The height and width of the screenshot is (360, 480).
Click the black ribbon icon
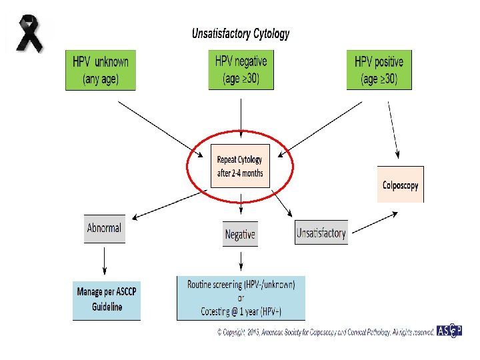pyautogui.click(x=28, y=34)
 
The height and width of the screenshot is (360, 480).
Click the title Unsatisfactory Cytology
pyautogui.click(x=241, y=33)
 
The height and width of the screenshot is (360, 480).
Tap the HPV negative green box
pyautogui.click(x=241, y=69)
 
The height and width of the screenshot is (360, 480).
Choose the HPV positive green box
pyautogui.click(x=379, y=70)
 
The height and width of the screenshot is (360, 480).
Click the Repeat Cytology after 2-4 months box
pyautogui.click(x=240, y=166)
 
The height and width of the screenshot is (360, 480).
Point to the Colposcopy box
pyautogui.click(x=400, y=185)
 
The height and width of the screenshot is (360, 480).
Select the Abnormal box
pyautogui.click(x=105, y=228)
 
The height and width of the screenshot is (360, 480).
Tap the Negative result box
pyautogui.click(x=240, y=234)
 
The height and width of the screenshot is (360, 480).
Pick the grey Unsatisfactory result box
pyautogui.click(x=321, y=233)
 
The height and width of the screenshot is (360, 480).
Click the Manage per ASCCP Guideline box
pyautogui.click(x=107, y=299)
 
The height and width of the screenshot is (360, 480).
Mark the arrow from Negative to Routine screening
pyautogui.click(x=240, y=260)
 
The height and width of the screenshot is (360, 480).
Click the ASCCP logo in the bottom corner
pyautogui.click(x=449, y=331)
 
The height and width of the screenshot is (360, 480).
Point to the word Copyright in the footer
pyautogui.click(x=234, y=331)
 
